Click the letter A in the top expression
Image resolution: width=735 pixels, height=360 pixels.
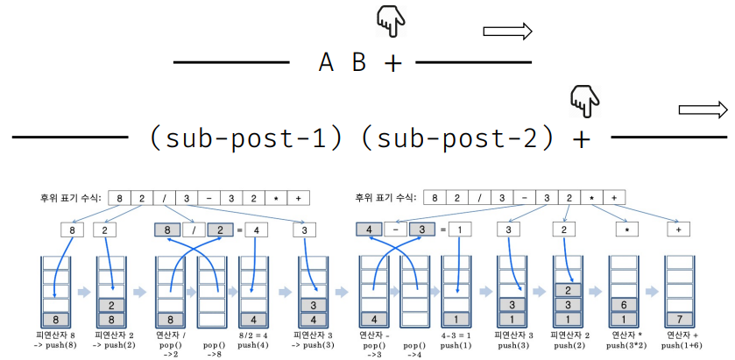pyautogui.click(x=327, y=63)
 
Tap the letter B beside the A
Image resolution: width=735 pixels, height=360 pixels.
pyautogui.click(x=359, y=63)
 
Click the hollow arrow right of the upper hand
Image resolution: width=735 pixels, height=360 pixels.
pyautogui.click(x=508, y=32)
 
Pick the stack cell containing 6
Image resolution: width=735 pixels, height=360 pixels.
pyautogui.click(x=625, y=304)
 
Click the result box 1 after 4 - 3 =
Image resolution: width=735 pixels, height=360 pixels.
pyautogui.click(x=461, y=230)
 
